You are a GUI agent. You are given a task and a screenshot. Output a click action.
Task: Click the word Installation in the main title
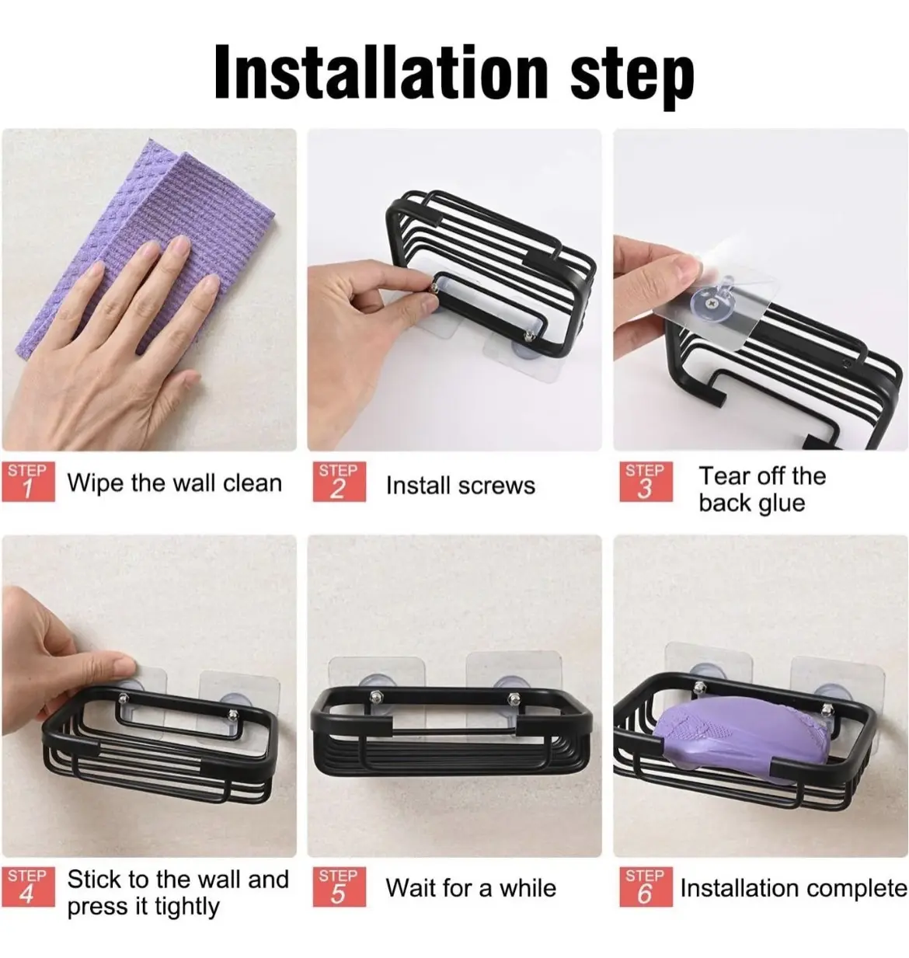[x=381, y=72]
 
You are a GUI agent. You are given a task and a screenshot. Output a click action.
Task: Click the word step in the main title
[x=632, y=78]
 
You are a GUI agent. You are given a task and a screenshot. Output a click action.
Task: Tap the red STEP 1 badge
[x=28, y=482]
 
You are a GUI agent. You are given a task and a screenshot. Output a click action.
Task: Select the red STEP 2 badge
[x=339, y=482]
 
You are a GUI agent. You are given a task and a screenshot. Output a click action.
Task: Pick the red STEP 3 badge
[x=646, y=482]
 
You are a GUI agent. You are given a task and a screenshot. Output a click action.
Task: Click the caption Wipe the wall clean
[x=175, y=483]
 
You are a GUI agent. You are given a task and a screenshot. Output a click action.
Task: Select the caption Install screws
[x=461, y=486]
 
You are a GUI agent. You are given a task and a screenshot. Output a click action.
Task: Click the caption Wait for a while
[x=471, y=888]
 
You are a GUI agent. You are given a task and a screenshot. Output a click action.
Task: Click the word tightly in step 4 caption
[x=186, y=907]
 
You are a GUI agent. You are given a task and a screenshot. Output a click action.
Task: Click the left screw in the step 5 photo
[x=376, y=696]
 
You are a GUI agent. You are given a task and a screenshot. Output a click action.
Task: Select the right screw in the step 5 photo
[x=513, y=698]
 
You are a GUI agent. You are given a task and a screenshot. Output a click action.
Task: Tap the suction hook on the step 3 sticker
[x=716, y=301]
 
